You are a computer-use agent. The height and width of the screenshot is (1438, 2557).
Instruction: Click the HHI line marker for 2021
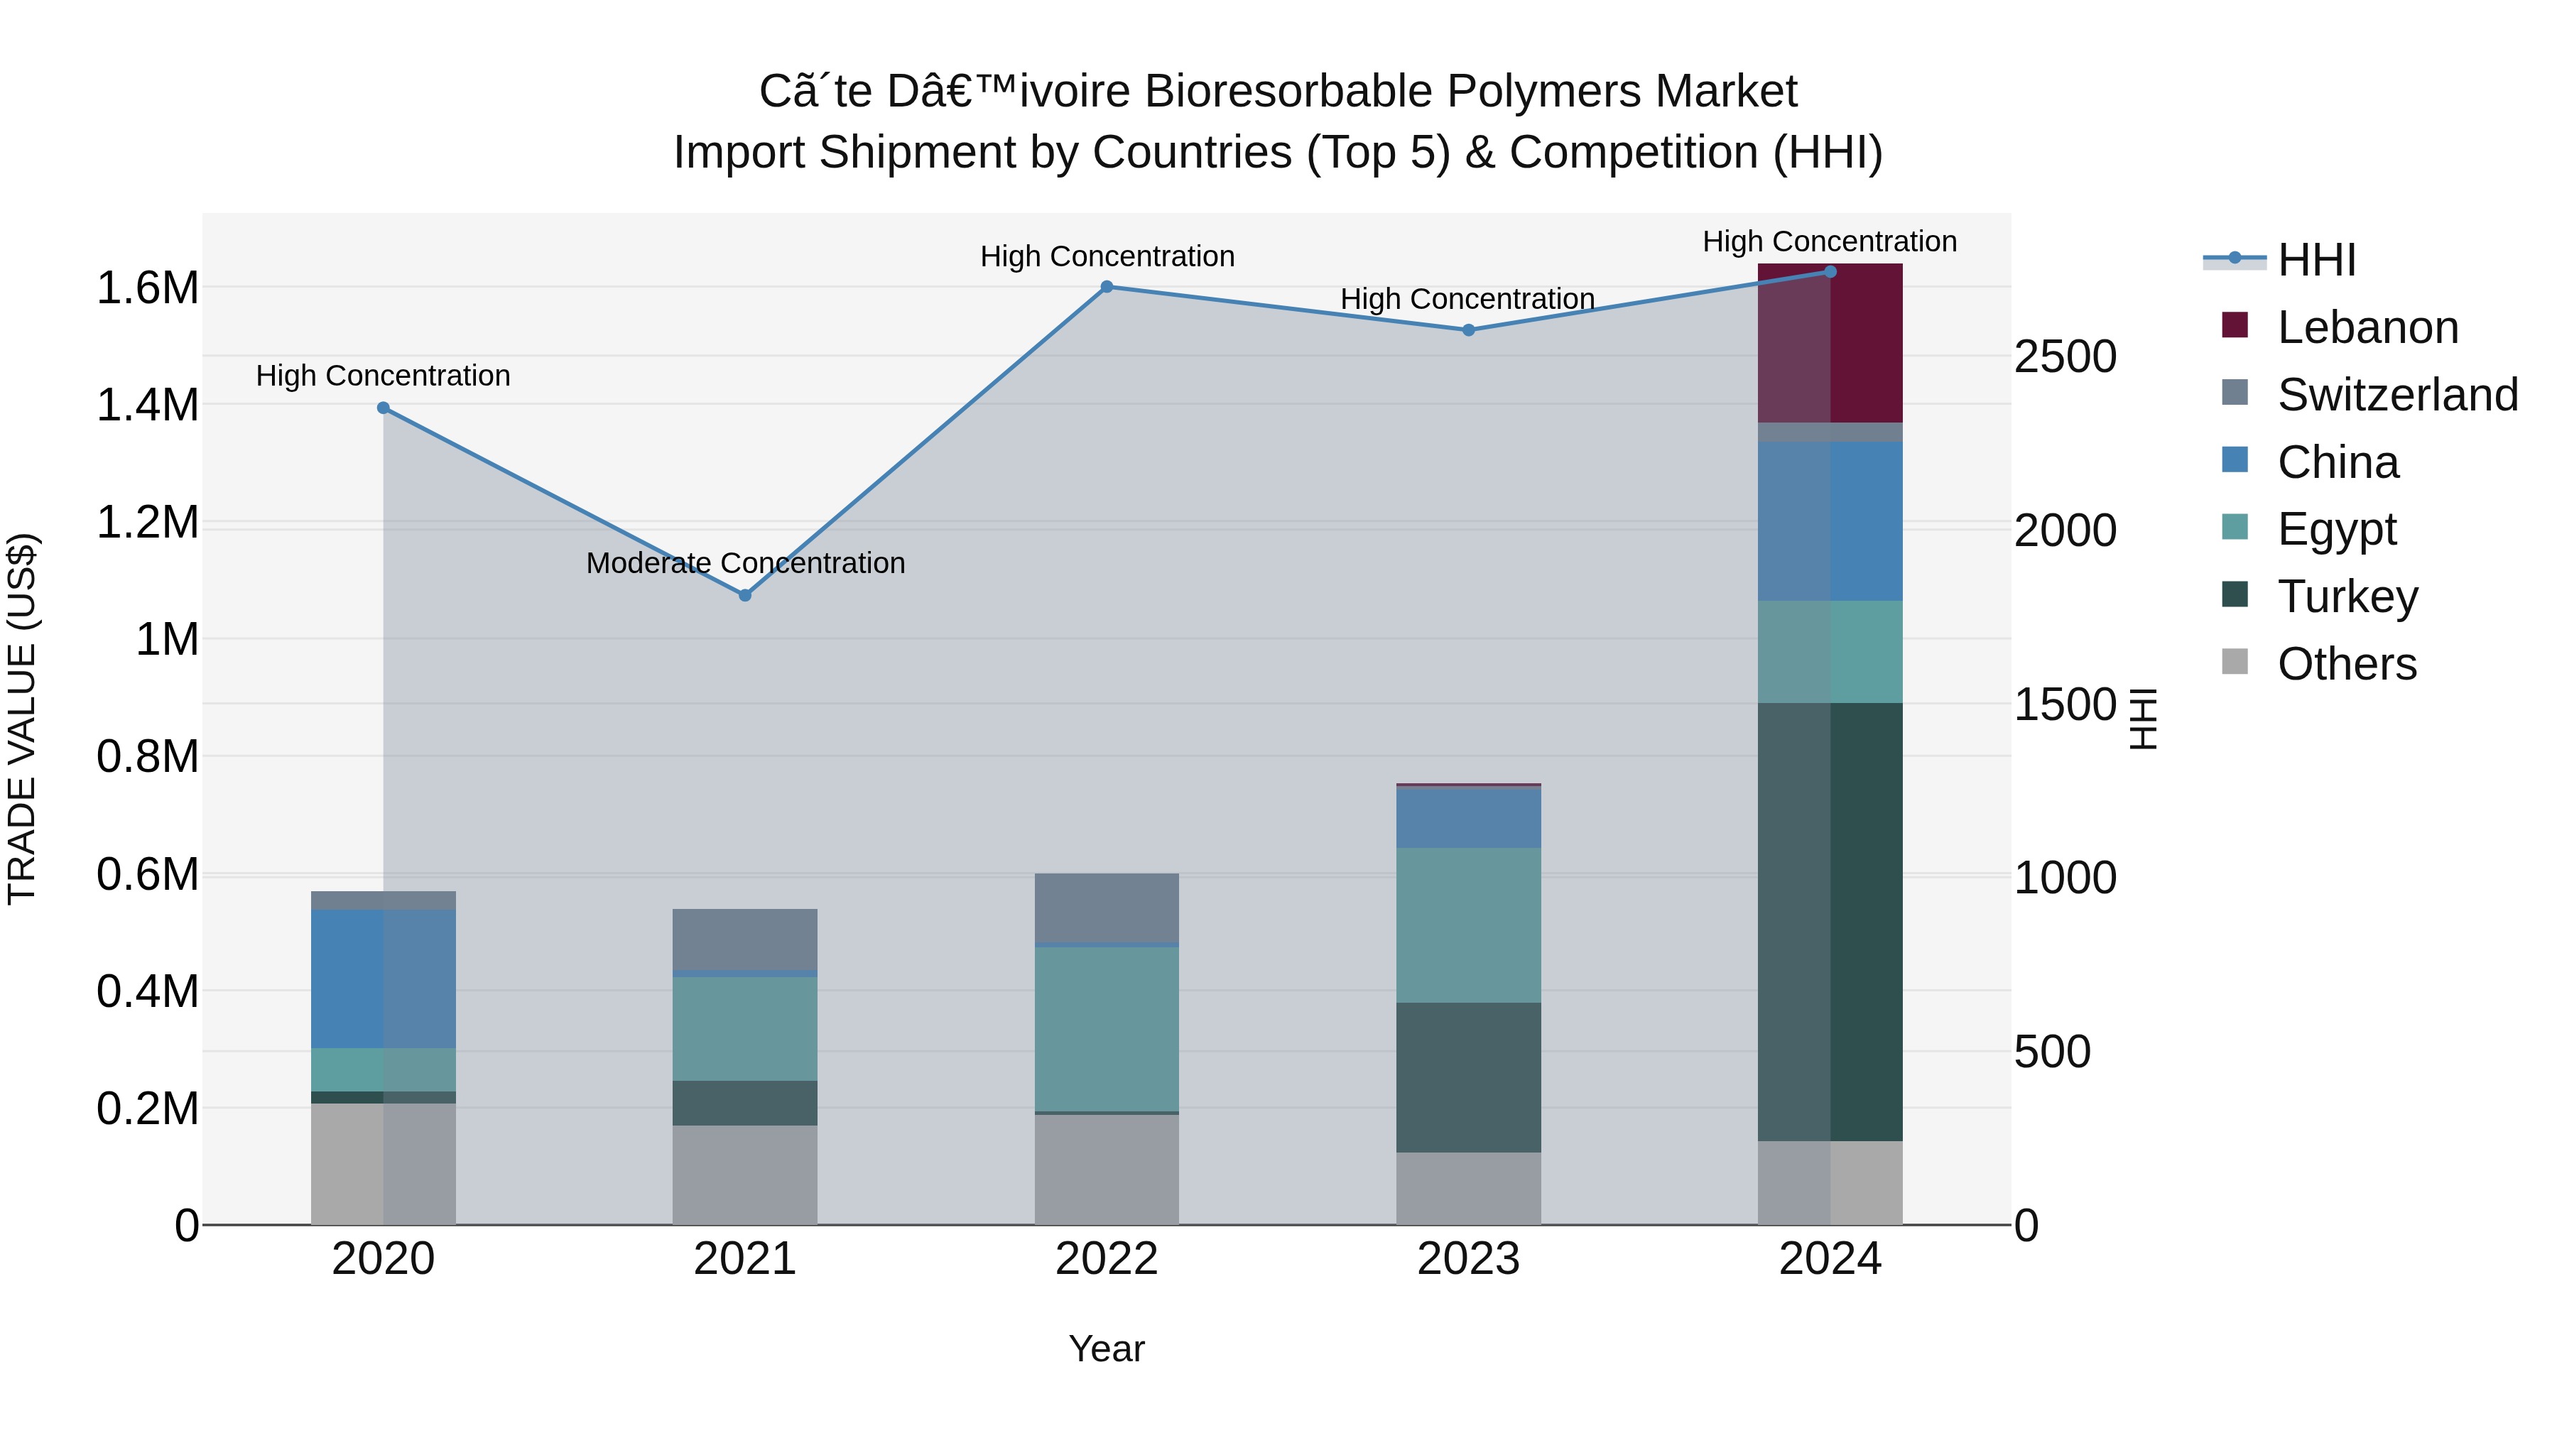pyautogui.click(x=746, y=596)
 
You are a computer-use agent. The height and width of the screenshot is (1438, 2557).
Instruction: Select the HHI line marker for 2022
pyautogui.click(x=1107, y=287)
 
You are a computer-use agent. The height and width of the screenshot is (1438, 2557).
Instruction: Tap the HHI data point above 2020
pyautogui.click(x=383, y=408)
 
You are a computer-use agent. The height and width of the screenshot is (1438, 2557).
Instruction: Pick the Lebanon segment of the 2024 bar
pyautogui.click(x=1830, y=344)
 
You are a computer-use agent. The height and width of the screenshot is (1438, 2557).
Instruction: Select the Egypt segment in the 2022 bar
pyautogui.click(x=1107, y=1028)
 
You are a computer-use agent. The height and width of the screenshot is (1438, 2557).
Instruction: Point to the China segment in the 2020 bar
pyautogui.click(x=383, y=979)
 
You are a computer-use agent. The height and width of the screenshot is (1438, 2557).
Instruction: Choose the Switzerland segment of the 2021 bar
pyautogui.click(x=746, y=939)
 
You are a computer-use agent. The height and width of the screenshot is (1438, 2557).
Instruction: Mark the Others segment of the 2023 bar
pyautogui.click(x=1468, y=1188)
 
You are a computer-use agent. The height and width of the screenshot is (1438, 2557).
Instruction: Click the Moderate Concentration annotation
pyautogui.click(x=746, y=562)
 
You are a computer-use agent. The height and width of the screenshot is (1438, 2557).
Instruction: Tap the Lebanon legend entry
pyautogui.click(x=2367, y=327)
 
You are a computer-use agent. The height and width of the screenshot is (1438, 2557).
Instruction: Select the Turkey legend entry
pyautogui.click(x=2347, y=597)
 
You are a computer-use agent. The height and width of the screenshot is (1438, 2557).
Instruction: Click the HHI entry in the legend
pyautogui.click(x=2316, y=260)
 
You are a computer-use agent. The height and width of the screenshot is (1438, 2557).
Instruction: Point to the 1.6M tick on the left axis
pyautogui.click(x=148, y=288)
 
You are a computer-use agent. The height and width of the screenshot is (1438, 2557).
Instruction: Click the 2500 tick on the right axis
pyautogui.click(x=2065, y=356)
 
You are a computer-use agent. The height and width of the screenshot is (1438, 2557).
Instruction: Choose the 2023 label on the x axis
pyautogui.click(x=1468, y=1259)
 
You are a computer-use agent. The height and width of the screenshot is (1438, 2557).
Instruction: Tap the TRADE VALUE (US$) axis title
pyautogui.click(x=22, y=719)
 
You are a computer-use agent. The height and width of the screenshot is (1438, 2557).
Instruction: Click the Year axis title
pyautogui.click(x=1107, y=1349)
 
